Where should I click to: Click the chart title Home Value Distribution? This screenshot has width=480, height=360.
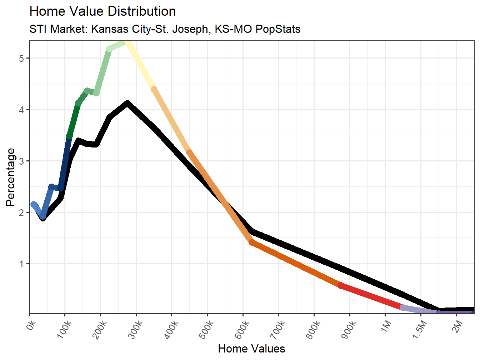[x=102, y=11]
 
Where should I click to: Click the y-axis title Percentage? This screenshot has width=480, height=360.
[x=11, y=177]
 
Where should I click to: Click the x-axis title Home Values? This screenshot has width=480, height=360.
[x=251, y=349]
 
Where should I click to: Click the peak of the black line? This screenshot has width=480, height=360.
[x=127, y=104]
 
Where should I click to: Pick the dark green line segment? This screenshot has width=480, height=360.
[x=74, y=120]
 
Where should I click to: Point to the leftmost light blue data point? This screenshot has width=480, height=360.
[x=34, y=204]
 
